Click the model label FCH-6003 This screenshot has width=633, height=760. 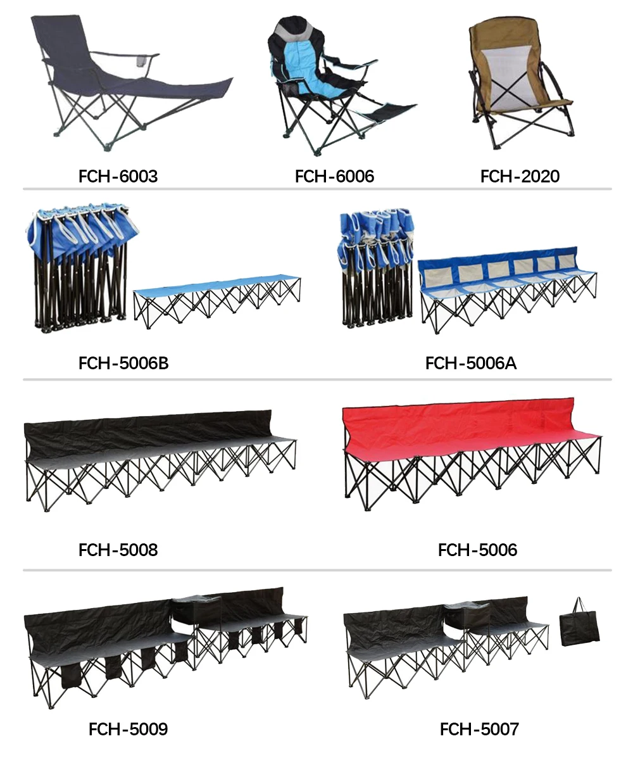point(118,176)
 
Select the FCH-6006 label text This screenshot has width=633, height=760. point(334,176)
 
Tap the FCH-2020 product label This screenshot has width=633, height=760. point(520,176)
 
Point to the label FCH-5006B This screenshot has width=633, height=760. point(123,363)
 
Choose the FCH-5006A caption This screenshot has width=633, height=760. point(470,363)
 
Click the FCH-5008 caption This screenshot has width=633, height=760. point(118,550)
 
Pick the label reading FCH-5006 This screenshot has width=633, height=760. point(477,550)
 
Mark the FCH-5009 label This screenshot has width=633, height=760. point(128,729)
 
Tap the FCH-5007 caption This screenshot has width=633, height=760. point(479,729)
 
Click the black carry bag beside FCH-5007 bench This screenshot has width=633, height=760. point(579,627)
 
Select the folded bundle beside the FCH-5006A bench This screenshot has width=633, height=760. point(375,266)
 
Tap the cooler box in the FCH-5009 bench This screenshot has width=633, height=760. point(196,611)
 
